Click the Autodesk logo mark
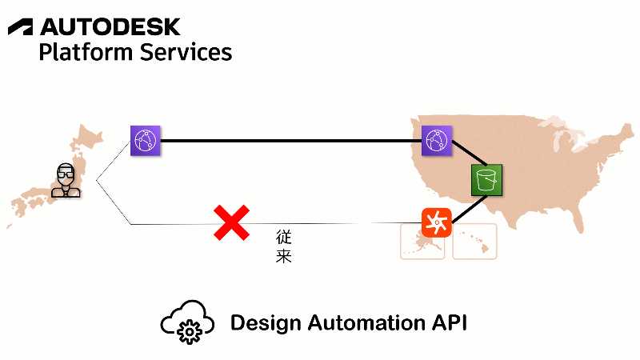pos(21,27)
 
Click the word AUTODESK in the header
pos(110,27)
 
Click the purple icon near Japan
pos(146,141)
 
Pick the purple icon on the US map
pos(437,141)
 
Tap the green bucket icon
pos(486,180)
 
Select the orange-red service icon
pos(437,221)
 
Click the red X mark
pos(231,222)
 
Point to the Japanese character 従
pos(283,238)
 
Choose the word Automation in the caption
pos(368,323)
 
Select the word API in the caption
pos(450,323)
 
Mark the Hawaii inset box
pos(474,242)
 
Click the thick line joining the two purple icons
pos(291,141)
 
